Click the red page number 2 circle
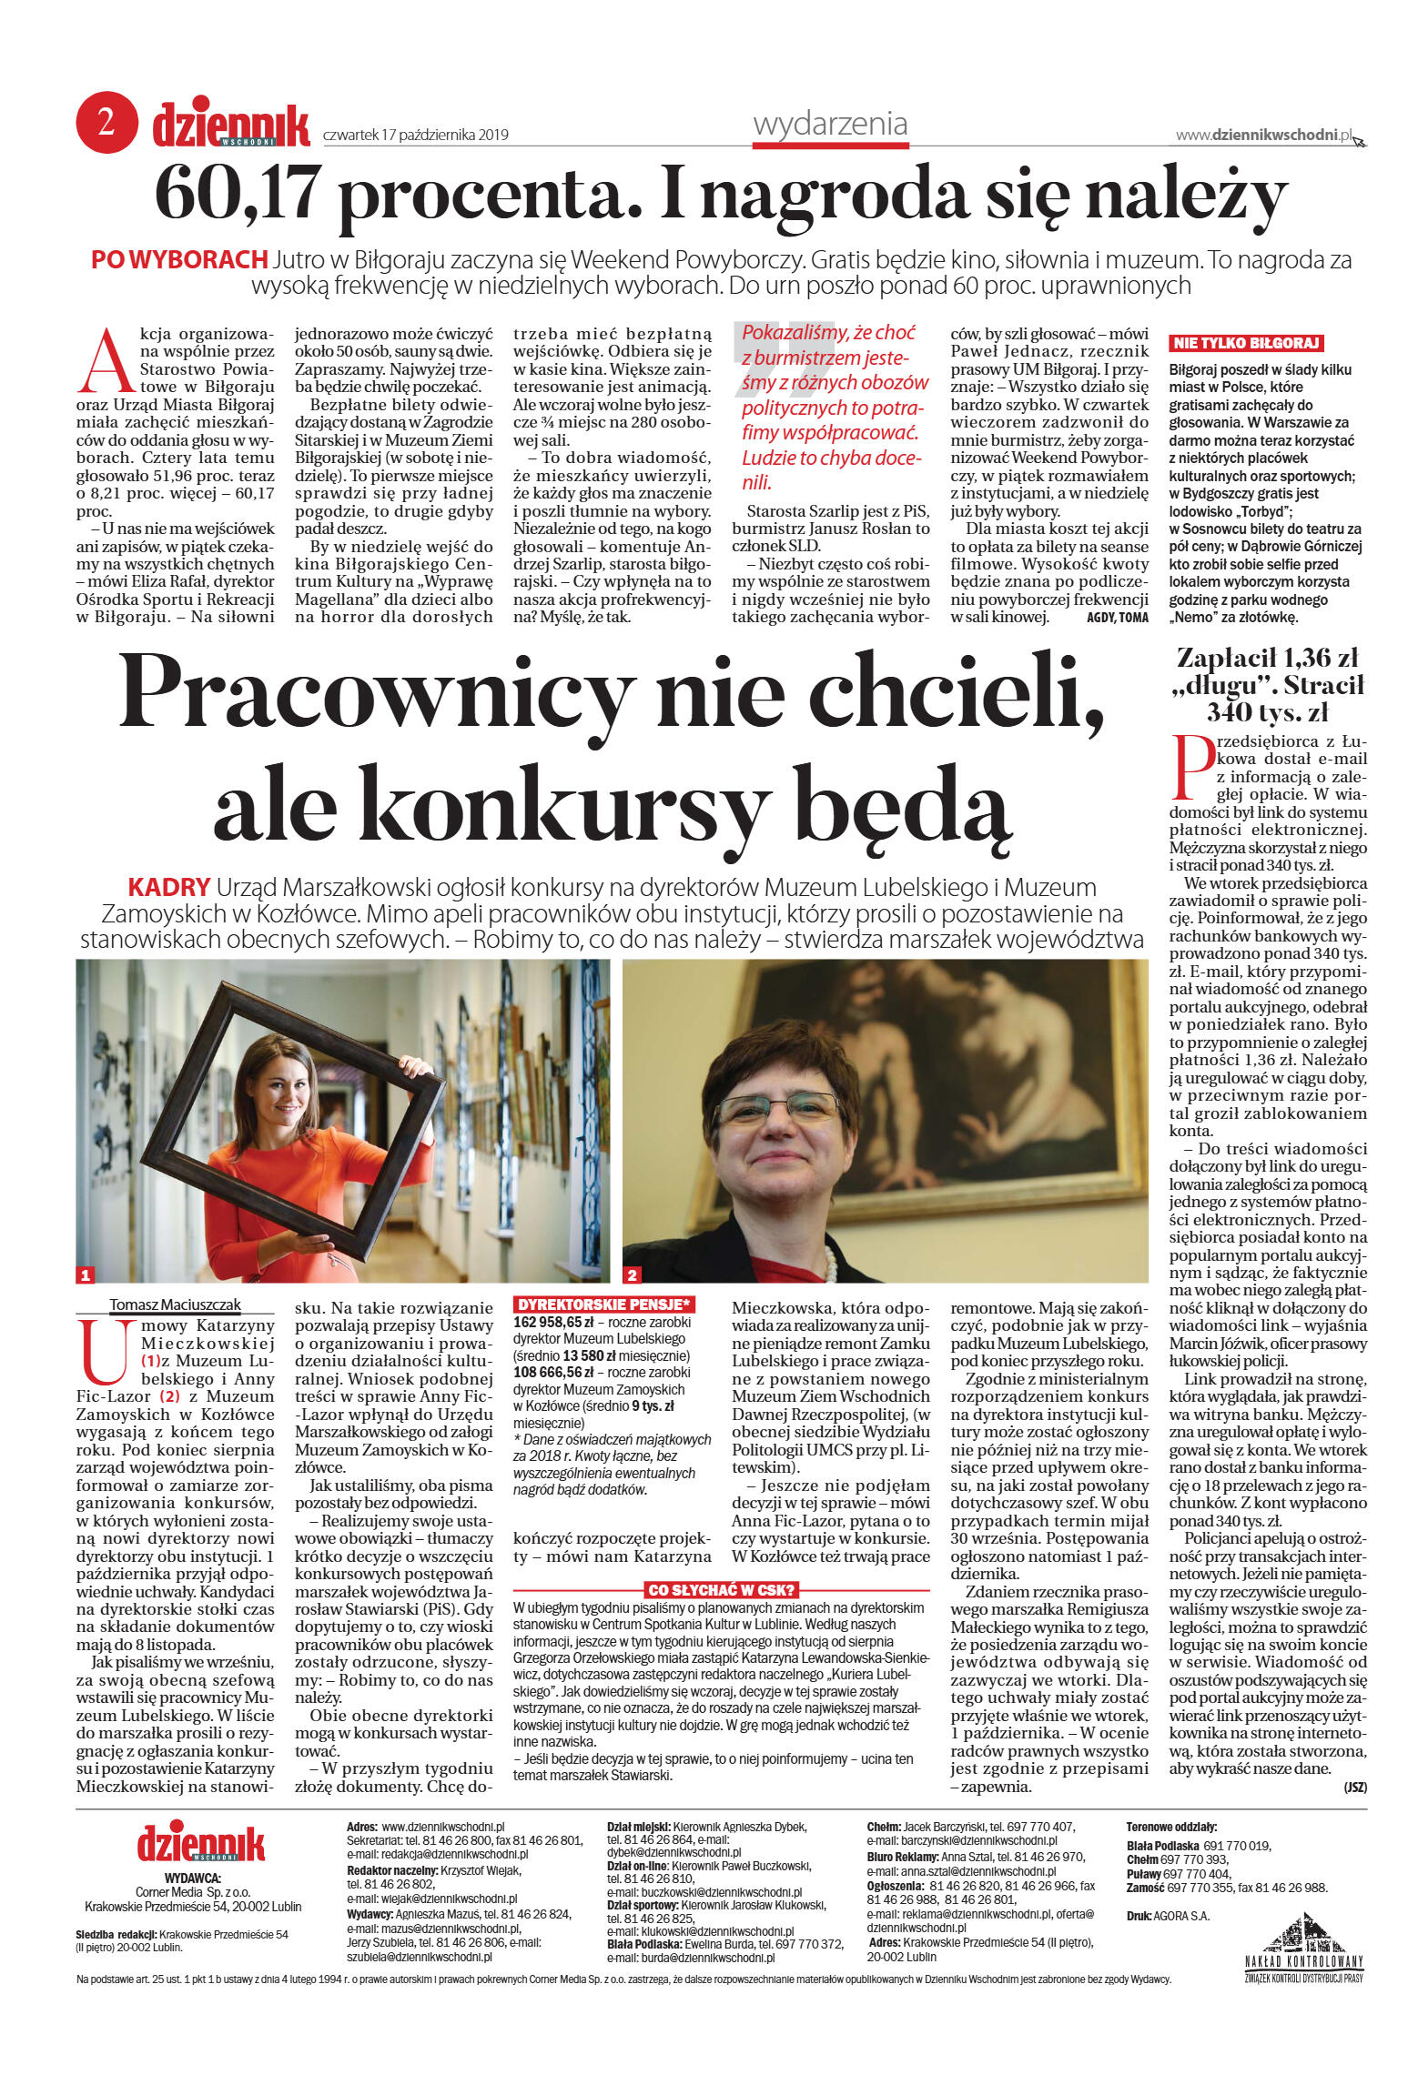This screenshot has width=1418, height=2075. [x=106, y=122]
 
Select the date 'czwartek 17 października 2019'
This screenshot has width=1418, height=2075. [x=415, y=136]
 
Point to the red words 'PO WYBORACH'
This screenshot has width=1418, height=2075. [x=178, y=260]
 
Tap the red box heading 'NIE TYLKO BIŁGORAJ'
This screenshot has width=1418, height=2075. [x=1245, y=343]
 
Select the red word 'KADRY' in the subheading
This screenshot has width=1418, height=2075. [x=169, y=887]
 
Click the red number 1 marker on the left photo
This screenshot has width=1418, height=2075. [x=86, y=1274]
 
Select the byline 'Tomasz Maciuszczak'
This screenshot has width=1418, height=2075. [x=175, y=1304]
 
